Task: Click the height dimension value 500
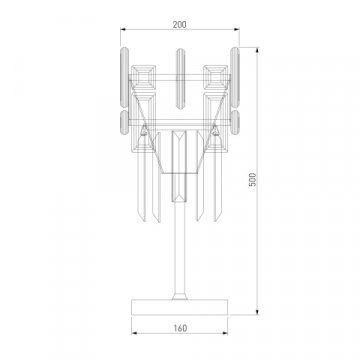click(253, 178)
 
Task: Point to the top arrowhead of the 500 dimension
click(262, 44)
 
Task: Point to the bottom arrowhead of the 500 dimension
click(262, 311)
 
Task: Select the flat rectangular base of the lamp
click(180, 307)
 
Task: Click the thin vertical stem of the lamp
click(180, 250)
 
